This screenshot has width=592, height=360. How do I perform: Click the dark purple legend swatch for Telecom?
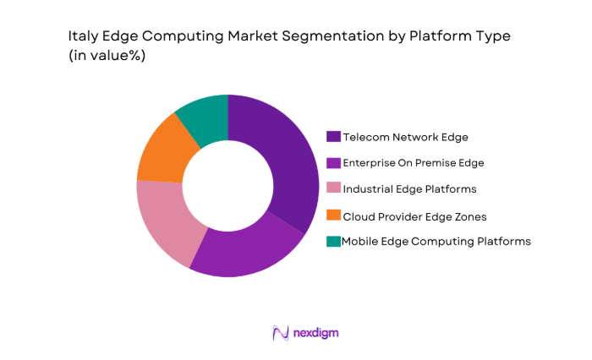point(334,136)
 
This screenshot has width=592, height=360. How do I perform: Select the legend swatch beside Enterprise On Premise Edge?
point(334,162)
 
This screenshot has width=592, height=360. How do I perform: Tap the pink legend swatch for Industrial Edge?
point(334,188)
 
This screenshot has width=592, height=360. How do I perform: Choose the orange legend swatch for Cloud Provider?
point(334,215)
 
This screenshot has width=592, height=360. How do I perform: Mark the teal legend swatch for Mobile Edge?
point(334,241)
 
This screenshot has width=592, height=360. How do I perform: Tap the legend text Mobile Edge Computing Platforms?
point(436,241)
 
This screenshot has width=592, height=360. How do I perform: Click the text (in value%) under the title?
point(107,57)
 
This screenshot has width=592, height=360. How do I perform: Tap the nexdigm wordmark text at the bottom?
point(315,333)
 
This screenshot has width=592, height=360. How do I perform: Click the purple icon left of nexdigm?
point(281,333)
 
